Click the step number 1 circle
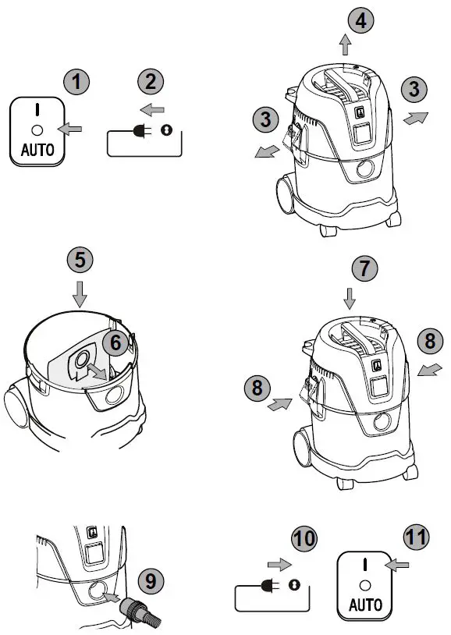(76, 82)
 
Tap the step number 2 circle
(151, 81)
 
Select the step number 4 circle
(361, 20)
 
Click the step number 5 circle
(80, 260)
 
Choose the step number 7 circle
(364, 268)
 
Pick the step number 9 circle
(151, 581)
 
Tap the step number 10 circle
(304, 538)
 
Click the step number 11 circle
(417, 537)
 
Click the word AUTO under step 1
(37, 151)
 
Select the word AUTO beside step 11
(365, 605)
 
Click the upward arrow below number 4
(345, 44)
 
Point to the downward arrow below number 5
(80, 294)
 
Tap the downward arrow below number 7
(350, 299)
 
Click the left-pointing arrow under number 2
(152, 109)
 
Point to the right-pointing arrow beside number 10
(279, 564)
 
